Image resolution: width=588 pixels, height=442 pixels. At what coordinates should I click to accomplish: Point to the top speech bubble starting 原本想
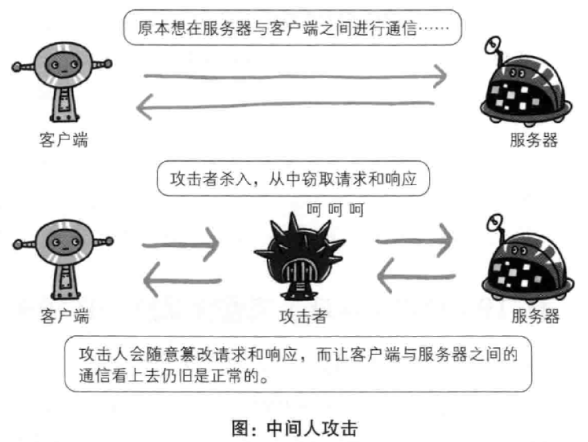pos(293,29)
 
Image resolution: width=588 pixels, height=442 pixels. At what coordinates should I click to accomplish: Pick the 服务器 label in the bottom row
pos(535,315)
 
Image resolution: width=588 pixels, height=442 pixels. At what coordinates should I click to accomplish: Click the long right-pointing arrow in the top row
pos(294,76)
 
